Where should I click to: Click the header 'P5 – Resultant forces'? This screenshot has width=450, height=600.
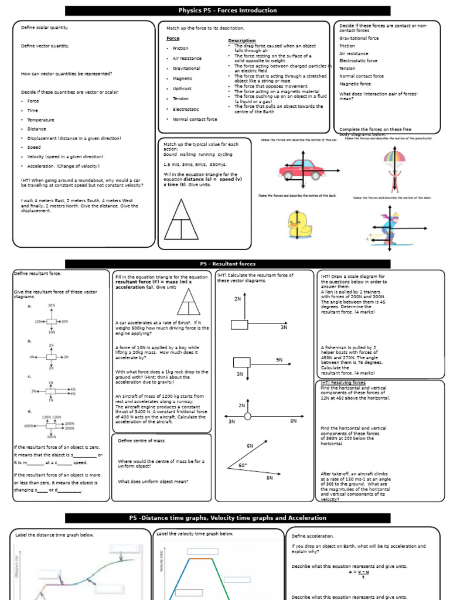coord(227,264)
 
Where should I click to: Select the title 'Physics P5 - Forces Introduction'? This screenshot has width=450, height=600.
coord(227,11)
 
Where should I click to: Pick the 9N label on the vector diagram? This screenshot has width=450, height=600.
coord(279,359)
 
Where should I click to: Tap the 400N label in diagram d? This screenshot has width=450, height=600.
coord(29,425)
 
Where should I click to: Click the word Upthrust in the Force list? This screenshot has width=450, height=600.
coord(182,88)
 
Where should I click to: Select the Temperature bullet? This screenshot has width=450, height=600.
coord(40,120)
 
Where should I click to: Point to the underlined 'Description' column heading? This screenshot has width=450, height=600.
coord(241,40)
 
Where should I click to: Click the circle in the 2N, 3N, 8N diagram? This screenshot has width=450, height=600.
coord(248,417)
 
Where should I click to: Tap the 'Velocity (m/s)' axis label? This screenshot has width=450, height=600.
coord(161,561)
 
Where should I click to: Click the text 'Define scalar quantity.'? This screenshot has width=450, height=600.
coord(45,28)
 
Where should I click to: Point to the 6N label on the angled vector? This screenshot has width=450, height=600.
coord(250,446)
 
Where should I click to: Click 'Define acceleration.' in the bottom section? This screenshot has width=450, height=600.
coord(312,536)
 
